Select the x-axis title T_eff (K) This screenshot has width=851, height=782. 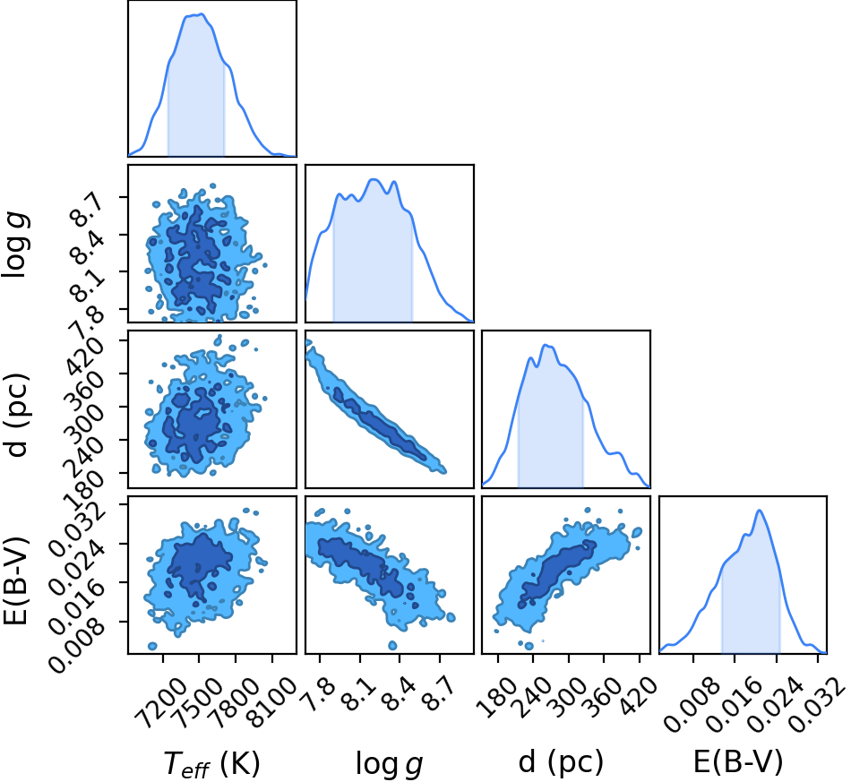coord(211,764)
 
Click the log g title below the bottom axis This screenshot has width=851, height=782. coord(389,764)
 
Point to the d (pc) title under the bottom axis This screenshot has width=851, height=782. coord(561,762)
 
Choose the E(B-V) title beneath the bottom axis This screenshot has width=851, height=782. coord(739,762)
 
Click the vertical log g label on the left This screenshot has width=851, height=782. coord(16,245)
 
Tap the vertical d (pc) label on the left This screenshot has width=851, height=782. coord(16,415)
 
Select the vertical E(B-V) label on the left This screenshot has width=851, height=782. coord(15,581)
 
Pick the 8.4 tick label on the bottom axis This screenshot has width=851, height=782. coord(398,695)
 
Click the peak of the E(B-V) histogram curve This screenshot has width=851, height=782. coord(760,510)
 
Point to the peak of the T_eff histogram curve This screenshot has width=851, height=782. coord(202,14)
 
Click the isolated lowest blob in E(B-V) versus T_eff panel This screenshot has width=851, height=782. coord(152,646)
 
